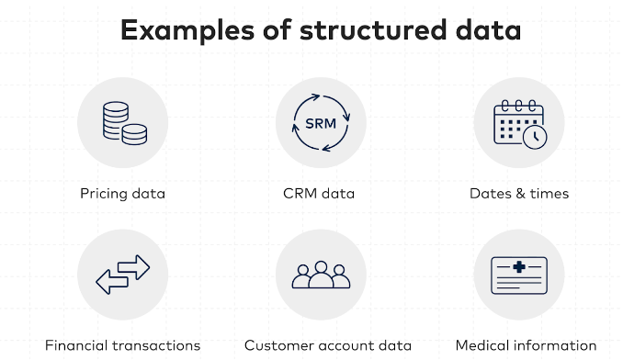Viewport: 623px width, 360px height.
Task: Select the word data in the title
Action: (489, 30)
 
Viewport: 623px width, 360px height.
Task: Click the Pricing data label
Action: (122, 194)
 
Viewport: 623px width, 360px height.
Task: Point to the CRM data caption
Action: (319, 194)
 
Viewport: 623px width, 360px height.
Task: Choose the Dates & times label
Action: (519, 194)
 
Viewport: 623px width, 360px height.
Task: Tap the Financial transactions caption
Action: (122, 345)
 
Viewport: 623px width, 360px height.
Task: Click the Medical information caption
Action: (526, 345)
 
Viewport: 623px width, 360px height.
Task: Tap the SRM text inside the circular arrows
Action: (320, 123)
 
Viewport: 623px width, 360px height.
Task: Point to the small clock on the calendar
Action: (535, 138)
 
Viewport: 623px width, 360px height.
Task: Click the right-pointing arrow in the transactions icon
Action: (133, 267)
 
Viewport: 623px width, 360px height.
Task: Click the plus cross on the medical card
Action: (519, 266)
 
